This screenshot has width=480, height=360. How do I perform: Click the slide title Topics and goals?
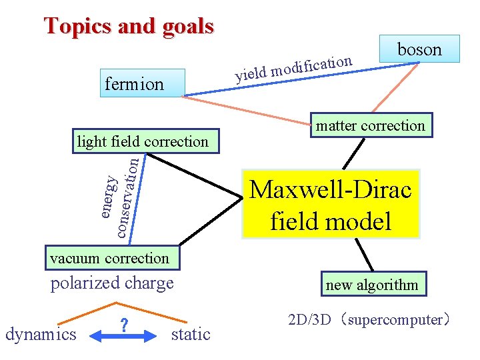(x=129, y=26)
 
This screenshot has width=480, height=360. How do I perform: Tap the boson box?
(x=419, y=49)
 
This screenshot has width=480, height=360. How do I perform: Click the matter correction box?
(x=370, y=125)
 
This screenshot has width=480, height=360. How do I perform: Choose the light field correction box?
(x=143, y=141)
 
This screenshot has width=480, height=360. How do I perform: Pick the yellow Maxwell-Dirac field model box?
(x=331, y=204)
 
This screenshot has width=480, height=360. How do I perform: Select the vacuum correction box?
(x=110, y=258)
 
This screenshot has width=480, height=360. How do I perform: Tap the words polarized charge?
(x=112, y=283)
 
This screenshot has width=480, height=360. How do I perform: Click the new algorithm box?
(x=371, y=285)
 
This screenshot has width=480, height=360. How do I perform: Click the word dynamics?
(x=41, y=334)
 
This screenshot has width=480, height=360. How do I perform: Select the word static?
(x=191, y=334)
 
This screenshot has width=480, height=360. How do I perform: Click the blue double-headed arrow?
(x=123, y=338)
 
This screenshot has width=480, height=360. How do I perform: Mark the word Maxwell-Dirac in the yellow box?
(x=331, y=190)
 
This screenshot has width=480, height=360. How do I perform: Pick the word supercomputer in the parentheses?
(x=395, y=320)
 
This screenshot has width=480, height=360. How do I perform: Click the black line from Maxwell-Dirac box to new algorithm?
(x=363, y=255)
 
